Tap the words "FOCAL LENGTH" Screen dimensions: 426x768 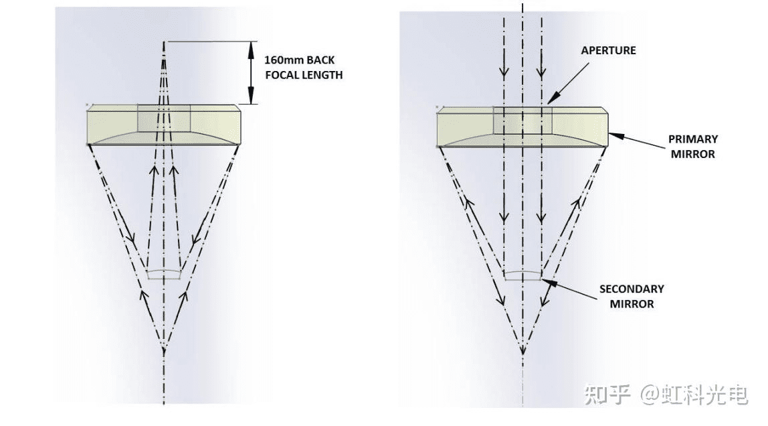(x=303, y=75)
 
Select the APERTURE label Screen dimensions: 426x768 (x=608, y=50)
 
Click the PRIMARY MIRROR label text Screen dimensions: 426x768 (x=692, y=146)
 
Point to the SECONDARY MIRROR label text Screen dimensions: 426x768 (x=631, y=296)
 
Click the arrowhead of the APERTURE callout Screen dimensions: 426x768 (x=550, y=101)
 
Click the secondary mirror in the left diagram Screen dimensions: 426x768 (x=164, y=273)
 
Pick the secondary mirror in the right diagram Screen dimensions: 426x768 (x=522, y=275)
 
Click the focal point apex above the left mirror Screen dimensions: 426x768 (x=164, y=44)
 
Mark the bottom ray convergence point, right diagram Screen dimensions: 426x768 (x=522, y=349)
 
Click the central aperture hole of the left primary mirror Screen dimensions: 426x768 (x=164, y=118)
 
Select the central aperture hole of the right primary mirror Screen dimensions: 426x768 (x=522, y=120)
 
